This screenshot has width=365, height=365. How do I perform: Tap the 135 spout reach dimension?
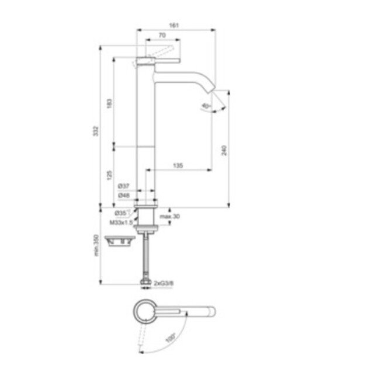179,166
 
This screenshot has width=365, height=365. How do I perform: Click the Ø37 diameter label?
123,186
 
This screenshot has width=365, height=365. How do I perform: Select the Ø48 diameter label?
123,195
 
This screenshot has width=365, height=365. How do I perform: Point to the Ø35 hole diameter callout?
121,212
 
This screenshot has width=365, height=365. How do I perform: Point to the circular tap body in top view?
142,312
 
